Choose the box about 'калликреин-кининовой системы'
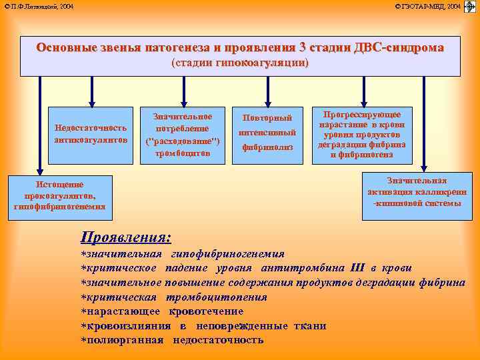click(x=417, y=192)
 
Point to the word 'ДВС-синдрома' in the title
click(x=397, y=48)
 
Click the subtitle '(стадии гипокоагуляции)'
click(x=240, y=63)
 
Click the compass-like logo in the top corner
click(x=469, y=7)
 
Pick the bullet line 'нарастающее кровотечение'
click(x=162, y=311)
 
